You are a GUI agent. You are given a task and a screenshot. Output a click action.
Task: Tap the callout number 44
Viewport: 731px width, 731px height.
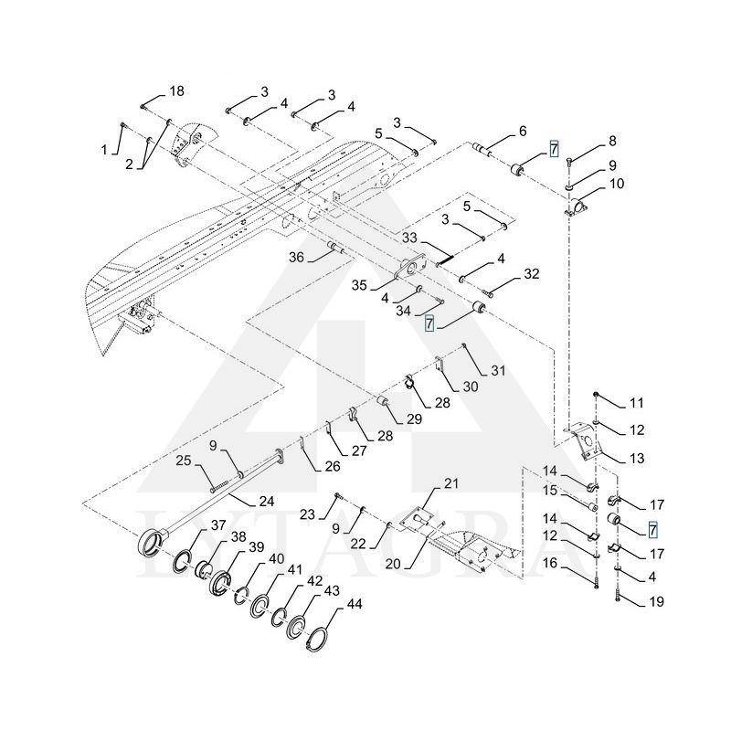click(x=354, y=604)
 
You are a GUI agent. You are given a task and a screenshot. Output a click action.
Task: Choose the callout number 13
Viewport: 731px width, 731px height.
click(x=636, y=456)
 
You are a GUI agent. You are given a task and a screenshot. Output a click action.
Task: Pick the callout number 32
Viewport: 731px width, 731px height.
click(x=531, y=274)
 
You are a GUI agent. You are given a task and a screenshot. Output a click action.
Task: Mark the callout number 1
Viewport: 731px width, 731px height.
click(x=104, y=149)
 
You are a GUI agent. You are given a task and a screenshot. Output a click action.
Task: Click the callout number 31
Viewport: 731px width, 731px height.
click(x=498, y=370)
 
